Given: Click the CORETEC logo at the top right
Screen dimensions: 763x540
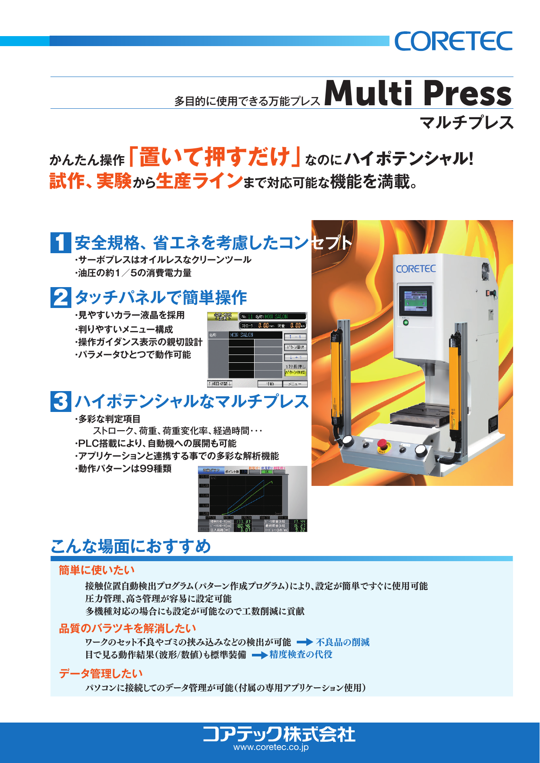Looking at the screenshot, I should pos(453,41).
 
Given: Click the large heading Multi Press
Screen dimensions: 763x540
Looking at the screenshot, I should pos(418,93).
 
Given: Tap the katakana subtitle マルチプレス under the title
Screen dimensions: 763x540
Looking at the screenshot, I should pos(466,123).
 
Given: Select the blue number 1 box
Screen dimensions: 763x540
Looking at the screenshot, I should pos(60,243).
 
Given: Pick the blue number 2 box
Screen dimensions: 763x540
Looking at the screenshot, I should pos(60,298).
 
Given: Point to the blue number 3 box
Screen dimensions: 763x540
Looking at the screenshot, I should pos(60,401).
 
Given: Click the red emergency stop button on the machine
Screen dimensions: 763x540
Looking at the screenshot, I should pos(382,445).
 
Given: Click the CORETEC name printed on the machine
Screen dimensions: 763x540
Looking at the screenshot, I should pos(416,269).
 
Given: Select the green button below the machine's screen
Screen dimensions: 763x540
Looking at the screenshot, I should pos(406,323).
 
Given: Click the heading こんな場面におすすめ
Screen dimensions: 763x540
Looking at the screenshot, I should pos(131,546).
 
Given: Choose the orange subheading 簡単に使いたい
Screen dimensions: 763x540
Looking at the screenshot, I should pos(97,570).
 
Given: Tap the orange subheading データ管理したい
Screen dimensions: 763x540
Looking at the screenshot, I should pos(101,673).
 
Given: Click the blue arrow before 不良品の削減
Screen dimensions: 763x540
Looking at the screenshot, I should pos(305,642).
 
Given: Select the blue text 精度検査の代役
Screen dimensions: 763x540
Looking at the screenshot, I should pos(301,654).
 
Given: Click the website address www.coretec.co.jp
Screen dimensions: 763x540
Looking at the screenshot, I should pos(271,747).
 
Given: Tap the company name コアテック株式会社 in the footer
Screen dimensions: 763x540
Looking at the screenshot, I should pos(278,734).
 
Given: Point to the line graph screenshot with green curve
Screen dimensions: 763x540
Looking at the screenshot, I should pos(252,499).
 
